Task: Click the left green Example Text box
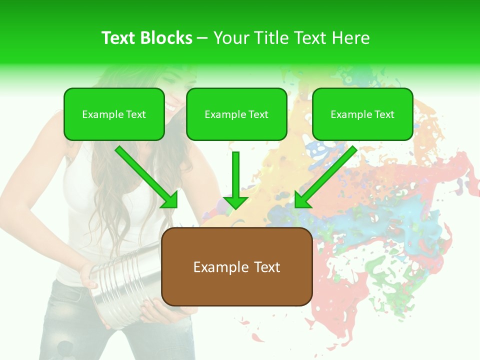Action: click(114, 114)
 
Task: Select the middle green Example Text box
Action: click(236, 114)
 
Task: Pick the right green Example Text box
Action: click(362, 114)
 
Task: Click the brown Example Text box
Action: click(237, 266)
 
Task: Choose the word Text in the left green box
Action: click(136, 114)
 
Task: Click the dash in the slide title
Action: click(202, 38)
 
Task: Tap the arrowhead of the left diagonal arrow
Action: click(170, 200)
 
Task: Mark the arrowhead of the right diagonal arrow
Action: click(302, 200)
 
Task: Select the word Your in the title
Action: click(230, 38)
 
